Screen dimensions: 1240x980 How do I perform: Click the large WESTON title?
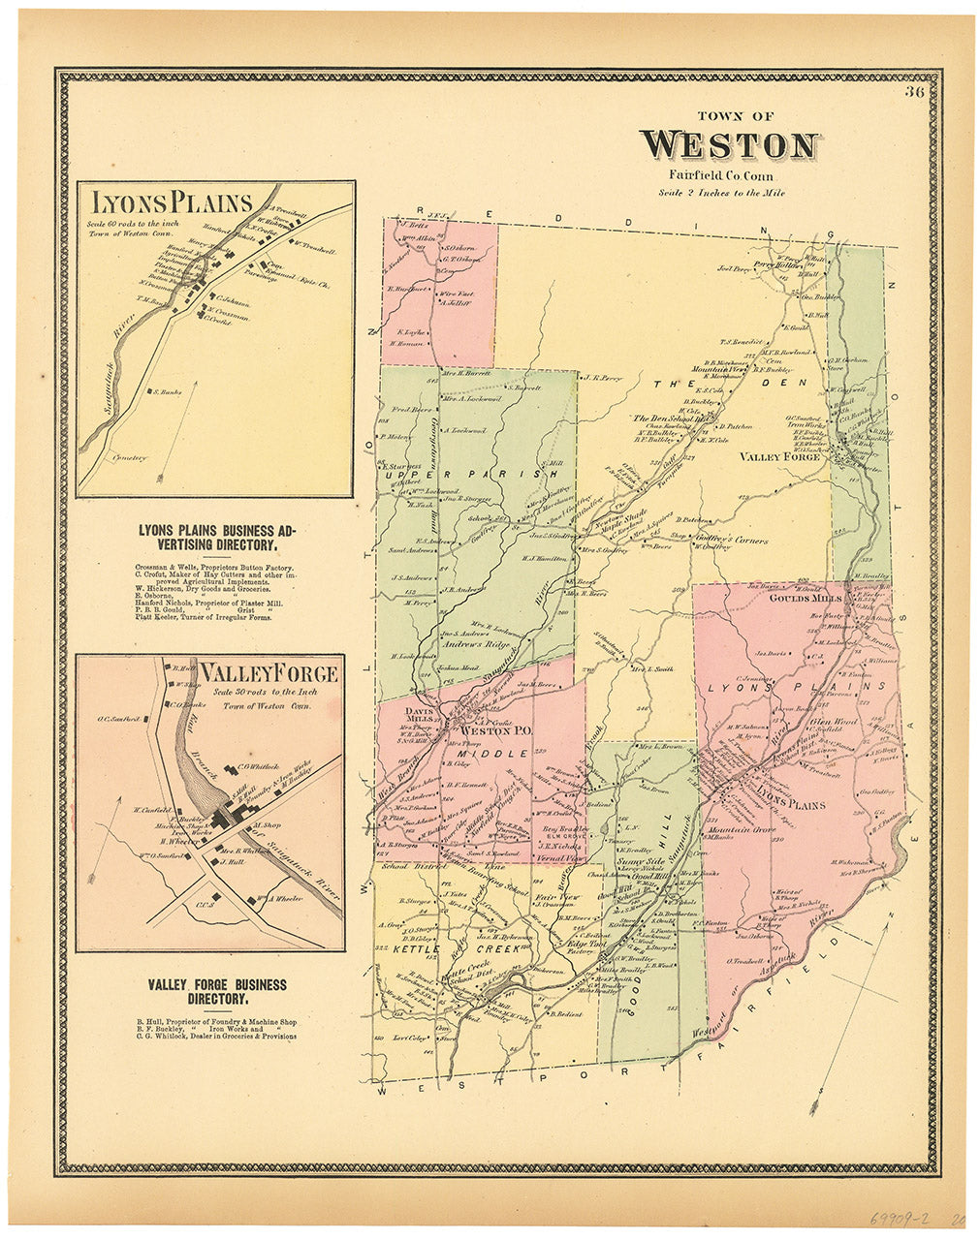click(729, 145)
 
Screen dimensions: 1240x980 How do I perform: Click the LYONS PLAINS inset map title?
click(172, 202)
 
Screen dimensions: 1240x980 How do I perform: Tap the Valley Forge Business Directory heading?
click(217, 991)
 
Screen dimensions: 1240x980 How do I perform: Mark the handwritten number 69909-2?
click(895, 1219)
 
